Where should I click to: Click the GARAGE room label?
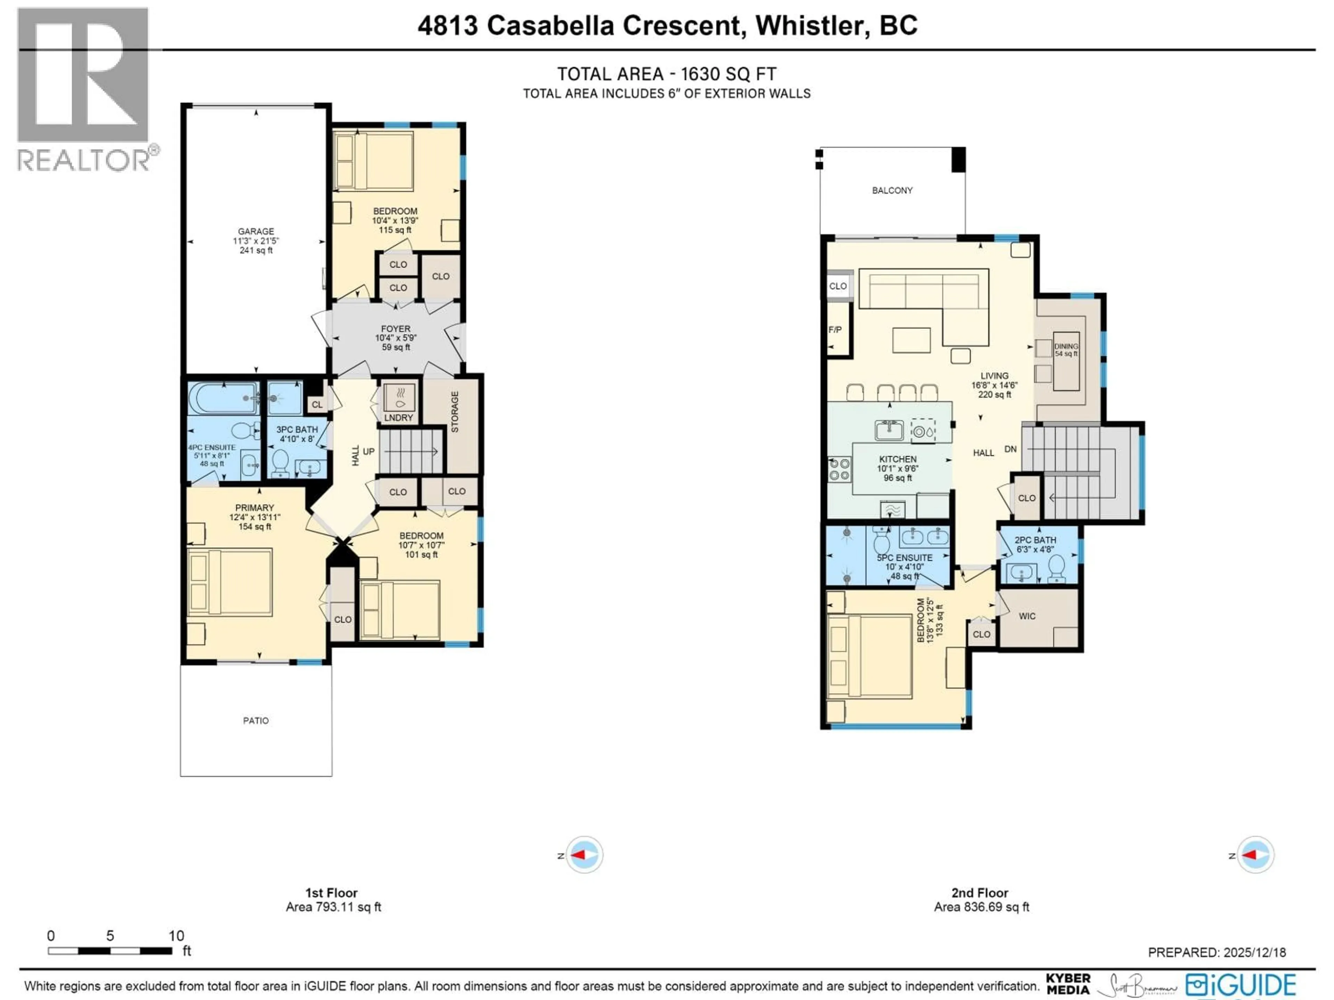[256, 232]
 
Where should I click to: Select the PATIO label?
[256, 720]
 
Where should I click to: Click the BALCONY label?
[892, 191]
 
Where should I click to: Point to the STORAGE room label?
[455, 412]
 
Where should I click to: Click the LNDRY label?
[398, 418]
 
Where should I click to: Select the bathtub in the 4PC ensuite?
[223, 398]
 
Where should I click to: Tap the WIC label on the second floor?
[1027, 616]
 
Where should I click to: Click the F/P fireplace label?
[835, 330]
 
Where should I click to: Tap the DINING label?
[1065, 347]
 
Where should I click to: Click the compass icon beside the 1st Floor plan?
[584, 855]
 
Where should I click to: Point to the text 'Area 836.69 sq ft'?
[981, 907]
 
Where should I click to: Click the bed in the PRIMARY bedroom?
[230, 582]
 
